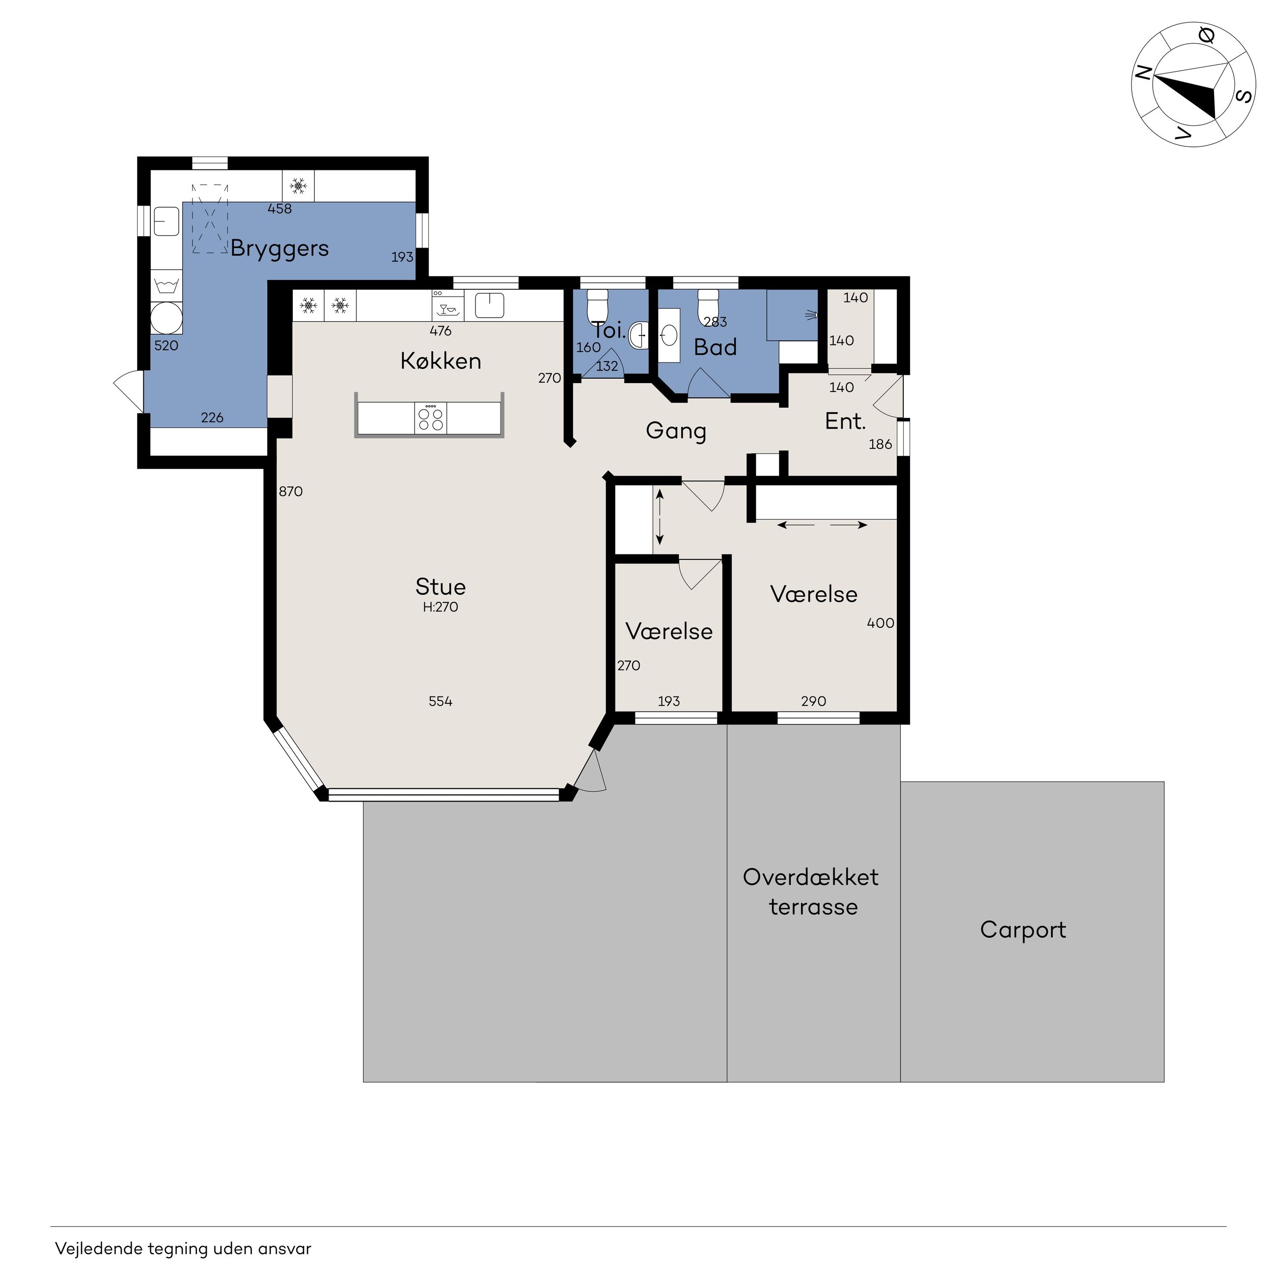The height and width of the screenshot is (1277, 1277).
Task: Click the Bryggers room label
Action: pos(279,249)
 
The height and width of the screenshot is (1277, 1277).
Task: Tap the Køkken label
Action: pos(441,361)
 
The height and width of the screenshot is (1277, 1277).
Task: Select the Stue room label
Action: pos(441,587)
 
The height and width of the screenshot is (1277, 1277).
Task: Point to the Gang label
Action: pos(676,431)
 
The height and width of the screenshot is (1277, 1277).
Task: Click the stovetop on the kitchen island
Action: pos(430,418)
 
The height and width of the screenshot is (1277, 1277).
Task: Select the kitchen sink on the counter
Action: pos(490,305)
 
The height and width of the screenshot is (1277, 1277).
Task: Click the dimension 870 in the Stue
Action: pos(291,491)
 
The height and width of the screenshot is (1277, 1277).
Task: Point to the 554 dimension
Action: pos(441,701)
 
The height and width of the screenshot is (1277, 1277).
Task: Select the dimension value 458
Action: pos(279,209)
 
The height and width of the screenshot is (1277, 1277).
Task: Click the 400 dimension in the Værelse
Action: pos(881,623)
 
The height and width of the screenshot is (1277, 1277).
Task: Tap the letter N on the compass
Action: pos(1143,74)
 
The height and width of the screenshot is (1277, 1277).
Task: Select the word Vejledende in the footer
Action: pos(99,1249)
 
